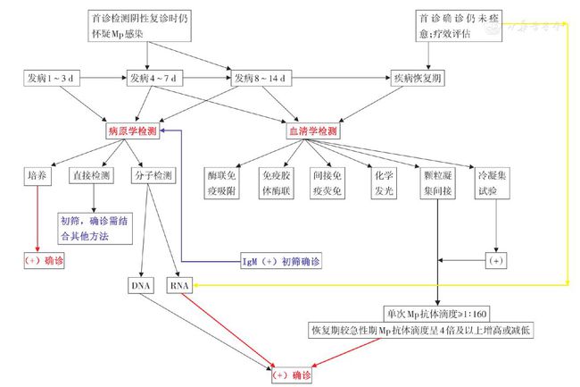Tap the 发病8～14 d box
tap(260, 79)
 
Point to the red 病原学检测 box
tap(133, 131)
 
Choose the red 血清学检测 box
tap(313, 131)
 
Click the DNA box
tap(143, 285)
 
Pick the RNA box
tap(179, 285)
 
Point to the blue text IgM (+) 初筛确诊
tap(281, 262)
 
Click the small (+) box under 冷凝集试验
tap(495, 261)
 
